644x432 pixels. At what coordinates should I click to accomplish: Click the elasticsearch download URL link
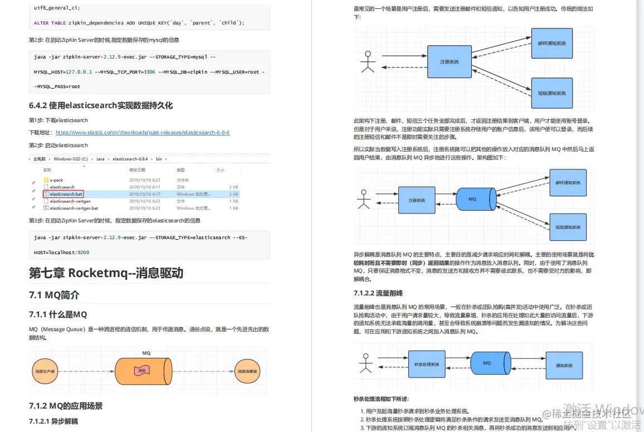click(143, 133)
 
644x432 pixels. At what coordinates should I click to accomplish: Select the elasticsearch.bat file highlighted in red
click(66, 194)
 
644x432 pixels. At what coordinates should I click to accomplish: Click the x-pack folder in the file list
click(56, 180)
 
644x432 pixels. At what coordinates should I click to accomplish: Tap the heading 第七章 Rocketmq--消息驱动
click(106, 273)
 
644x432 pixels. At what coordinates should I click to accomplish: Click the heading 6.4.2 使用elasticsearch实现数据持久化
click(101, 105)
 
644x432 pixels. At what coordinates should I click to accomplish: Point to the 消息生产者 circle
click(45, 371)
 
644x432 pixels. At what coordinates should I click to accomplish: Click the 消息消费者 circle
click(247, 371)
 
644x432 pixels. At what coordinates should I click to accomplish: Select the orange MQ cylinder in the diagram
click(142, 371)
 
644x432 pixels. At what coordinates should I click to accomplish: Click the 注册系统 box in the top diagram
click(449, 61)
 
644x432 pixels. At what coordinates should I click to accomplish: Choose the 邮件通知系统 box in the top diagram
click(552, 43)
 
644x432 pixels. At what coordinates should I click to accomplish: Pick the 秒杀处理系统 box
click(427, 365)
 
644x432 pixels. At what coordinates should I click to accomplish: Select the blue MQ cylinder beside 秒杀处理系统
click(488, 363)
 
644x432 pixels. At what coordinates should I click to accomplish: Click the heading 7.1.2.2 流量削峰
click(378, 293)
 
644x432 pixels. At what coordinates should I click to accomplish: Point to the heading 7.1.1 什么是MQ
click(58, 314)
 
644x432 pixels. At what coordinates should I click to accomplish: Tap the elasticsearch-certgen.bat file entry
click(74, 208)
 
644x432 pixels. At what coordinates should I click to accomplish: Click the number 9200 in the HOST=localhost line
click(84, 253)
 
